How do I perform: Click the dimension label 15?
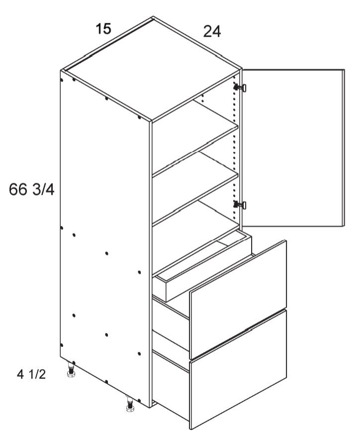coord(103,29)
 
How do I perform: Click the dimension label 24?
coord(212,31)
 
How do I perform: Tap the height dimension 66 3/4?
coord(32,190)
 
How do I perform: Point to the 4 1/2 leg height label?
coord(31,374)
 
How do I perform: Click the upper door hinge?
coord(240,88)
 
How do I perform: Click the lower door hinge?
coord(240,205)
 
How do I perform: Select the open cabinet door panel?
coord(293,147)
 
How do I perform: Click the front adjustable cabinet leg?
coord(130,404)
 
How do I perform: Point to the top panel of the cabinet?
coord(151,69)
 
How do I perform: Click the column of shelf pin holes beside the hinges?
coord(234,146)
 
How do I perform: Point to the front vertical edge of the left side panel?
coord(150,264)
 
